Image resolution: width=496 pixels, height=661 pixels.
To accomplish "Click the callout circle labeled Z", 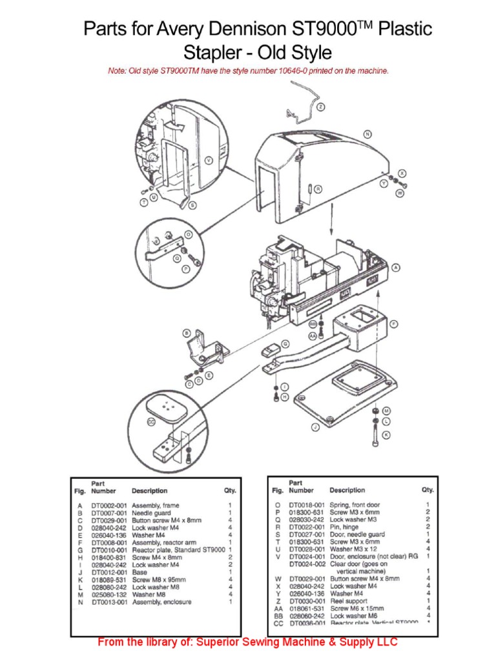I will coord(322,107).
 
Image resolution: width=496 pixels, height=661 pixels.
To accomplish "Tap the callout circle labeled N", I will coord(367,134).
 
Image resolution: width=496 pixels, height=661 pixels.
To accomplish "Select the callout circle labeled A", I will coord(395,267).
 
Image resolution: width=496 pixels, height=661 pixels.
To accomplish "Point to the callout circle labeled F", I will coord(394,323).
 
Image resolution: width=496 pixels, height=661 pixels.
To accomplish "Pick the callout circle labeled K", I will coord(386,435).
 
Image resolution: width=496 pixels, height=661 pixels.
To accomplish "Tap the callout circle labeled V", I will coord(209,159).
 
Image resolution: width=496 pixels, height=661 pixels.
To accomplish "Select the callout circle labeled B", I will coord(187,333).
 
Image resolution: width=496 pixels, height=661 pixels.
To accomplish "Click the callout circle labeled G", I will coord(285,345).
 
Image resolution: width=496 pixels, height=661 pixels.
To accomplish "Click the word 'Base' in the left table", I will coord(139,572).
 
